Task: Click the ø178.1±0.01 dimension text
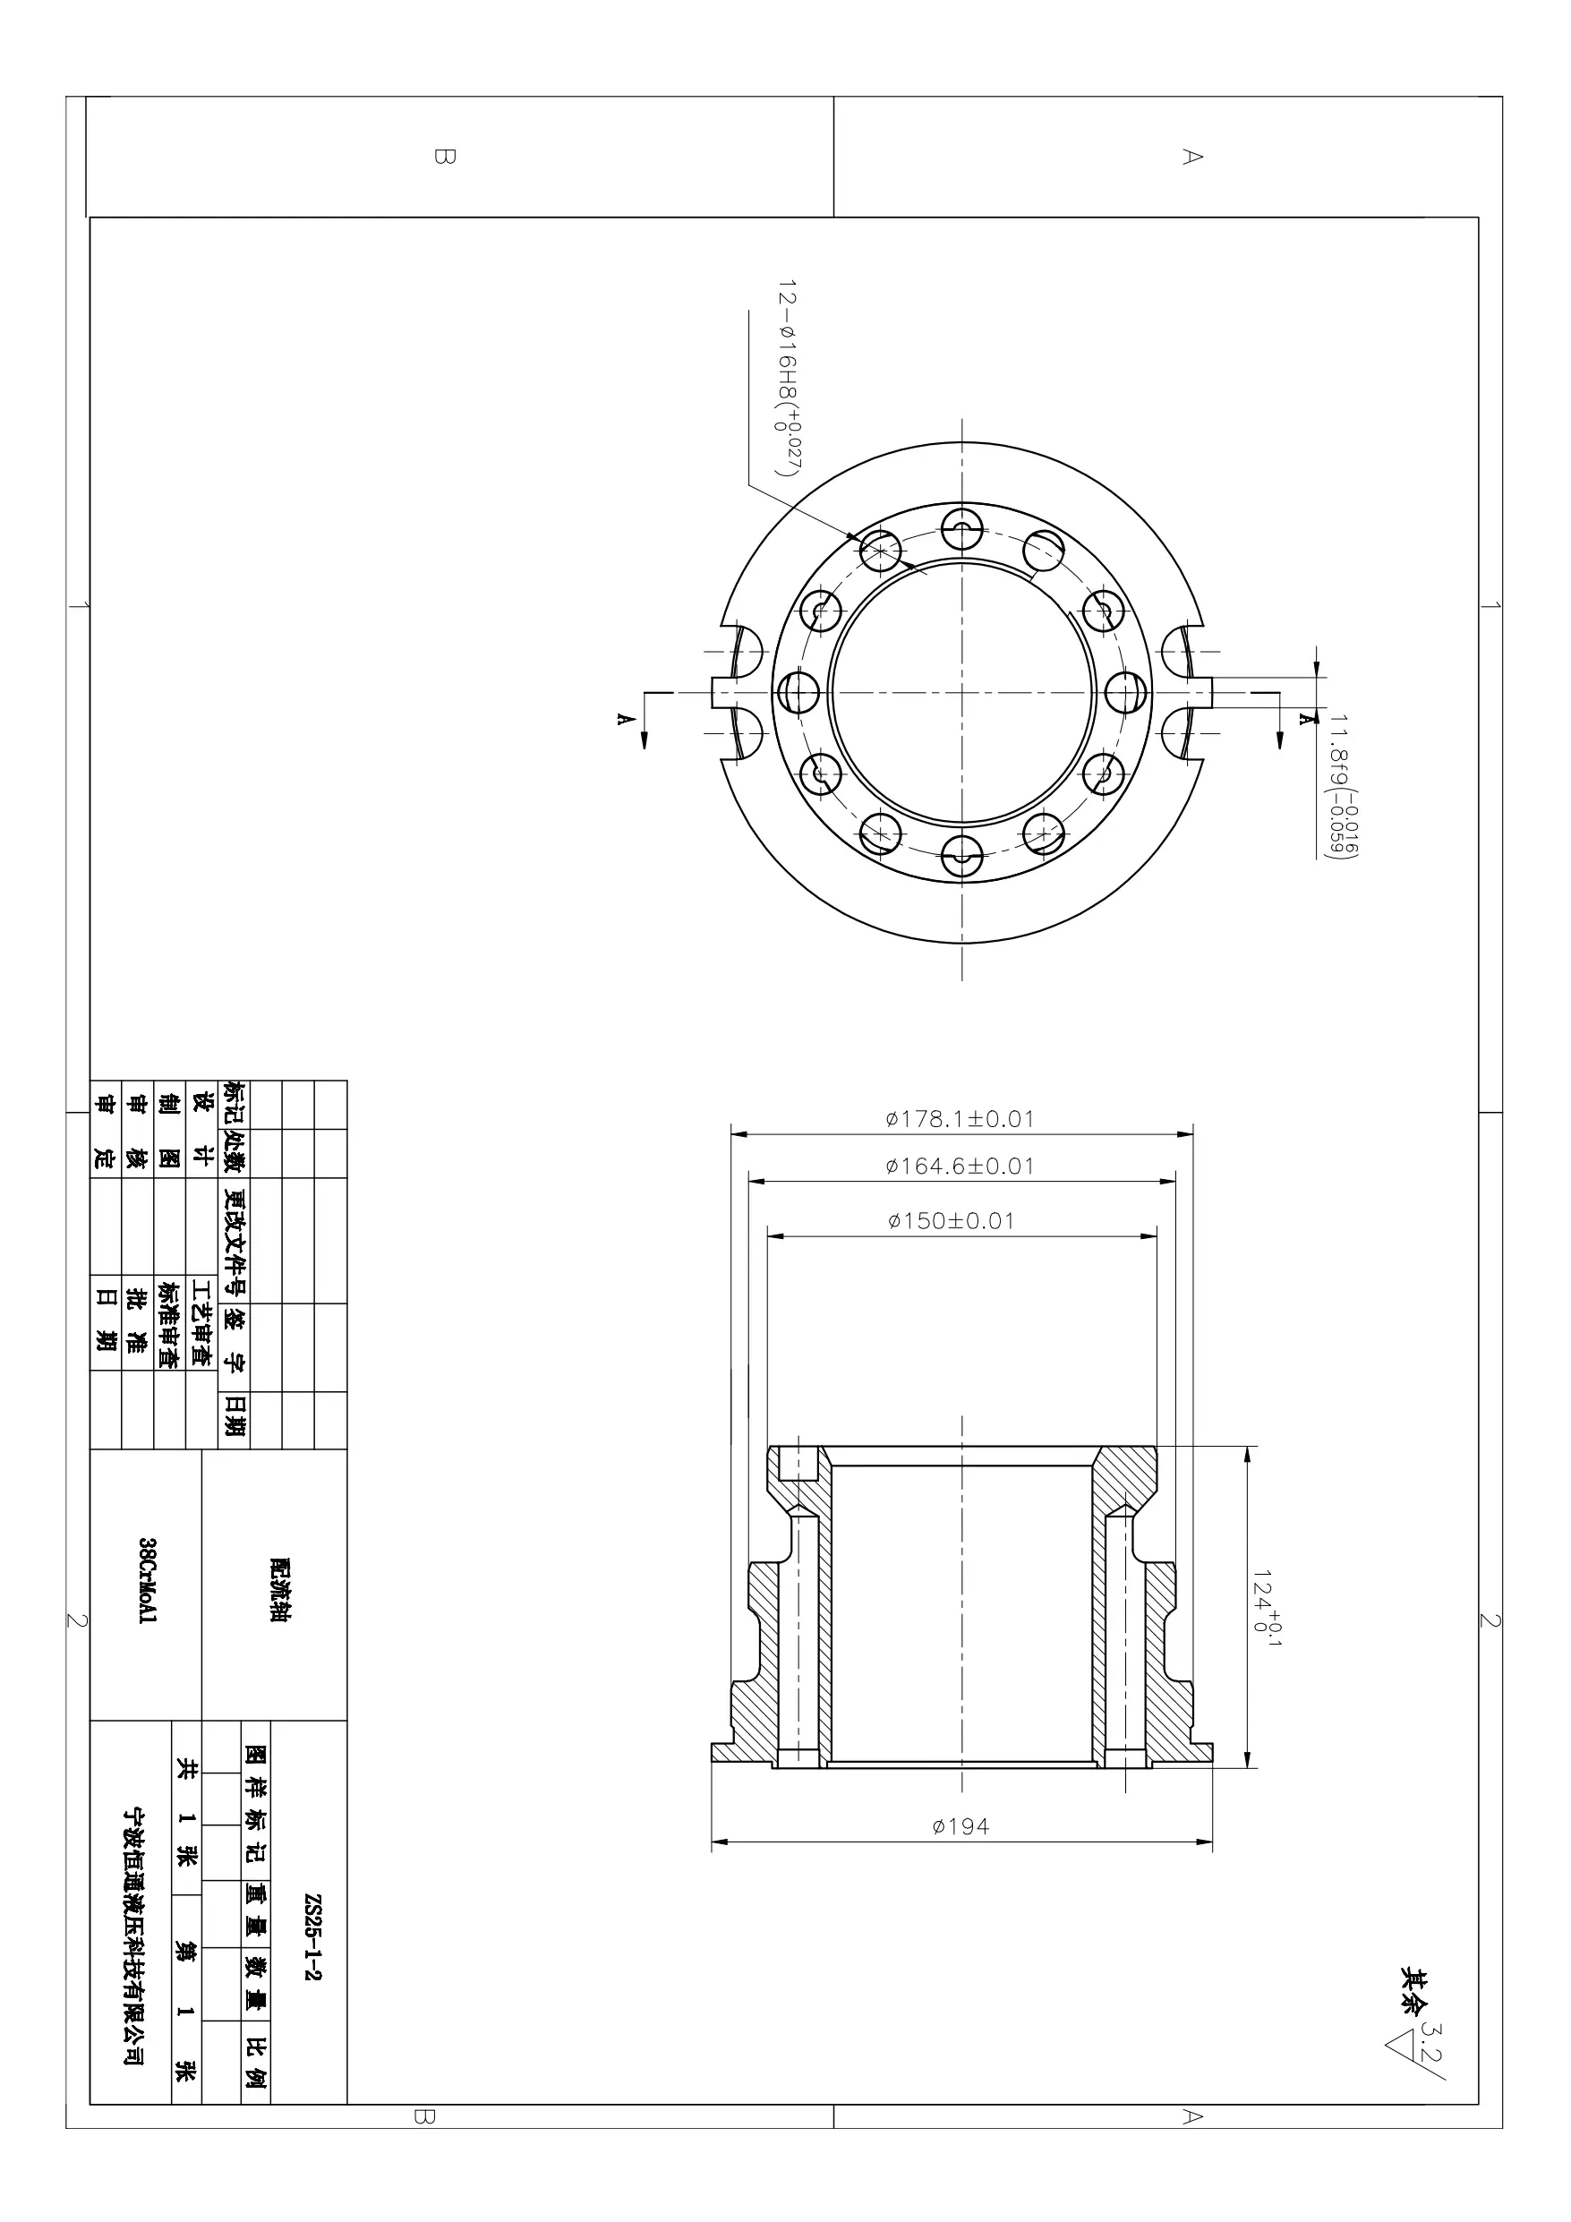coord(960,1119)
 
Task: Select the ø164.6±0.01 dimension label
coord(960,1167)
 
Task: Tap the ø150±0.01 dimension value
coord(951,1221)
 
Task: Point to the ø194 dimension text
coord(961,1826)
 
